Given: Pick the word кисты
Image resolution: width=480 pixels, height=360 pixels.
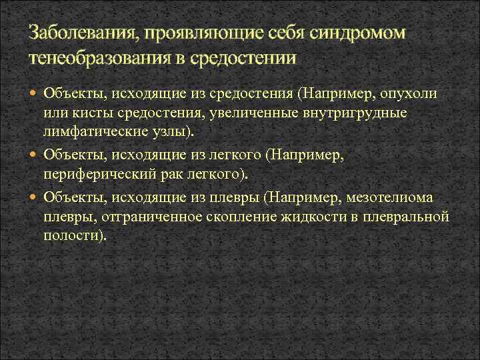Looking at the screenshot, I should [85, 113].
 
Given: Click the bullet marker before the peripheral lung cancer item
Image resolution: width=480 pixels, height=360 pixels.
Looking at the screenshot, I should [35, 155].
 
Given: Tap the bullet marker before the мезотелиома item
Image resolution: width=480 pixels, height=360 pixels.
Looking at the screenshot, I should [35, 197].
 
